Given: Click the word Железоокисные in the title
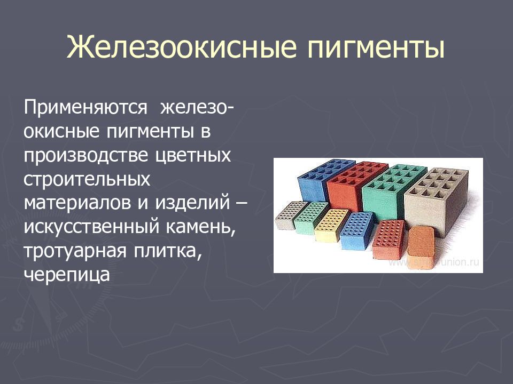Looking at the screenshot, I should coord(182,47).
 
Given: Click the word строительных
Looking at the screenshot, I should coord(87,180).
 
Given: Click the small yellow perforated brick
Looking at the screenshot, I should coord(331,224).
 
